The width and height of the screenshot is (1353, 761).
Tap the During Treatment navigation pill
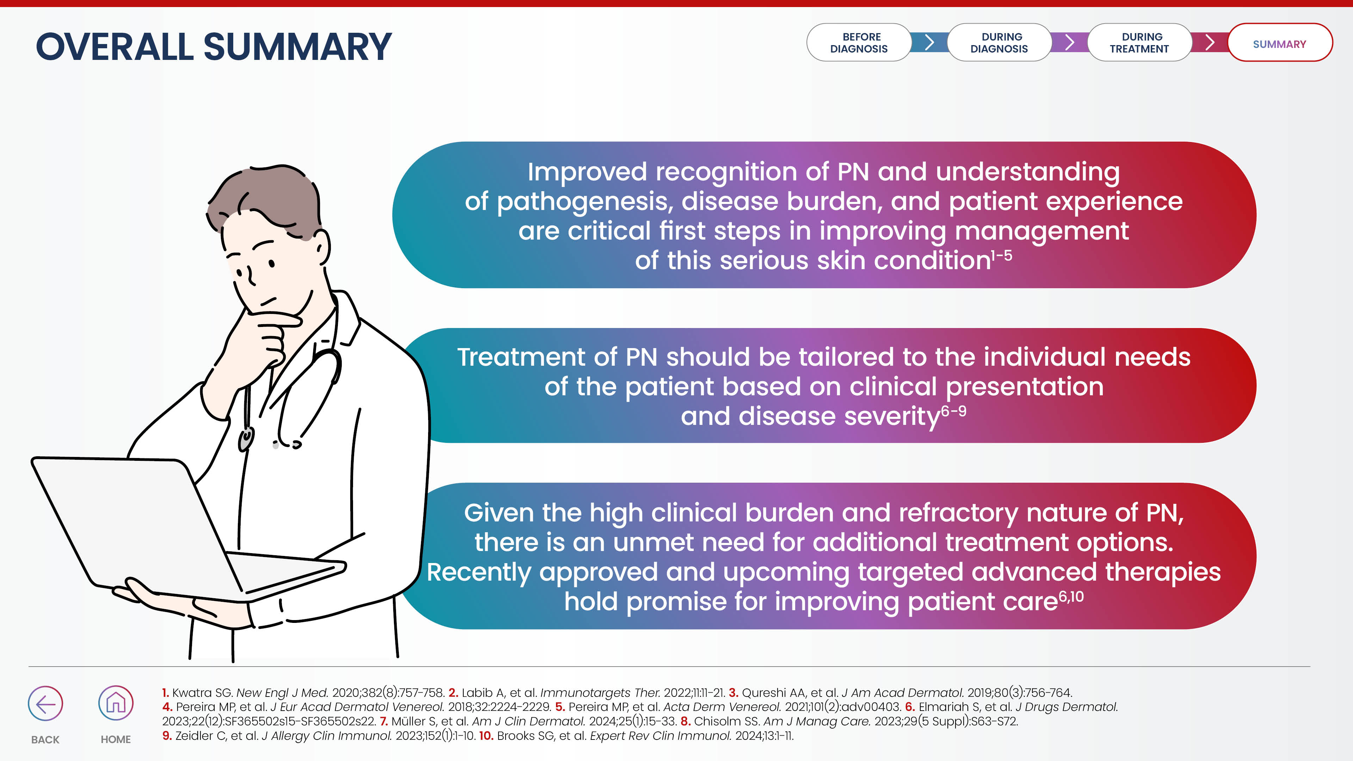(x=1139, y=43)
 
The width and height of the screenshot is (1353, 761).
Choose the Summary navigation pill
(x=1279, y=44)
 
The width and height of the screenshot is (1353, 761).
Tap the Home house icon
(x=116, y=703)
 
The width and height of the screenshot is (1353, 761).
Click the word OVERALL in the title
(x=115, y=47)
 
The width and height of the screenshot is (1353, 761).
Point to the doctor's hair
(x=262, y=194)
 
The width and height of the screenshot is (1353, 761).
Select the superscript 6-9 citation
(x=953, y=411)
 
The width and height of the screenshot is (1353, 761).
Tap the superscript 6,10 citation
(x=1071, y=596)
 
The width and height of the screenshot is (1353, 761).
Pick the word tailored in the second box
(x=846, y=357)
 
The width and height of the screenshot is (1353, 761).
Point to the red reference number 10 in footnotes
(x=486, y=736)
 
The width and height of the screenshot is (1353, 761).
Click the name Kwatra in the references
(x=192, y=693)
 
